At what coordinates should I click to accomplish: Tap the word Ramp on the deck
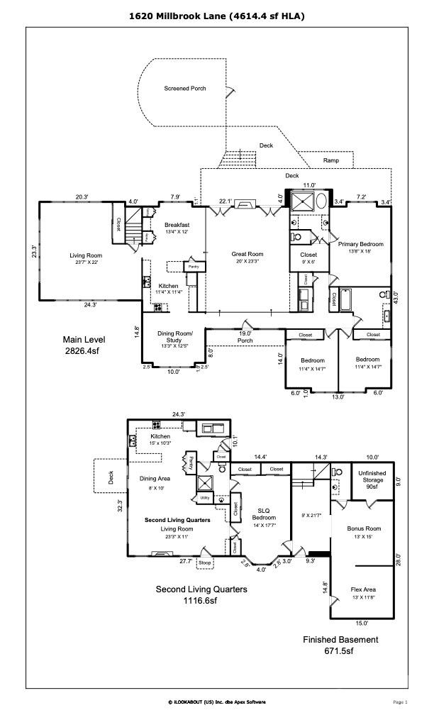pos(330,161)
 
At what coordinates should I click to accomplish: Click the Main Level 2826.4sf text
pos(83,344)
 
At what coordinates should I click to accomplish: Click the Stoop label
pos(206,564)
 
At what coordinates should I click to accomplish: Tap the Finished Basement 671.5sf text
pos(341,644)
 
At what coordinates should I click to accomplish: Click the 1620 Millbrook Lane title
pos(217,15)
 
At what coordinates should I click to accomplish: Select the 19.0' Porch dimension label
pos(245,336)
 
